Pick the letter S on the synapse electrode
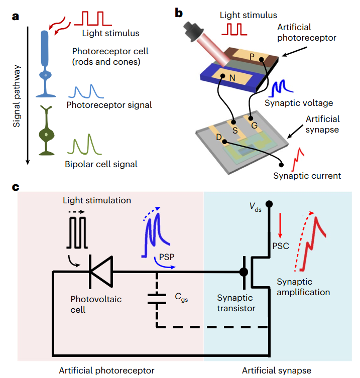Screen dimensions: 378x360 point(234,129)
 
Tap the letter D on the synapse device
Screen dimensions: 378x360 point(219,137)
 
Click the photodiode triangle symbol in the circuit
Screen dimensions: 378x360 point(99,272)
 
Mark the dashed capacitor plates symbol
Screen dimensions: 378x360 point(157,298)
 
